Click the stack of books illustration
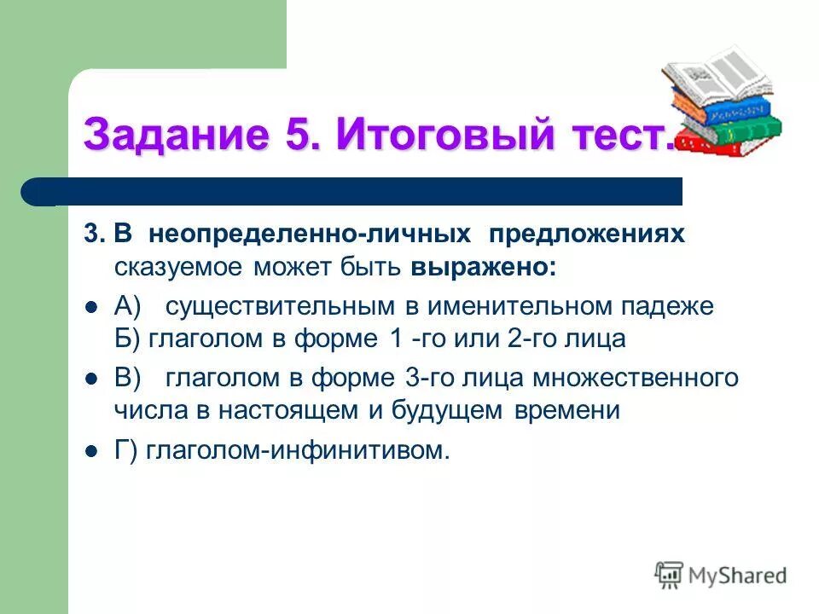(721, 102)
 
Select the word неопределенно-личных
(311, 234)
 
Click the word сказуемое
(179, 268)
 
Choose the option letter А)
(129, 306)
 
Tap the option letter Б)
(128, 339)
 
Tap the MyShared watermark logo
(721, 575)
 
